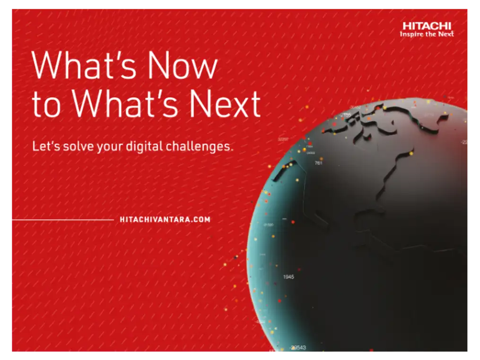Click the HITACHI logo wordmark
[x=427, y=26]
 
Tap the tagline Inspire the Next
[x=427, y=35]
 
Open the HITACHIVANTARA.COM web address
[x=165, y=220]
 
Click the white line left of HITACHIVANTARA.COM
[x=62, y=220]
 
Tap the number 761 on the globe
[x=318, y=163]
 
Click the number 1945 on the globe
[x=288, y=276]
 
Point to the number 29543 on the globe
[x=298, y=348]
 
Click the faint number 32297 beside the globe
[x=283, y=139]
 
